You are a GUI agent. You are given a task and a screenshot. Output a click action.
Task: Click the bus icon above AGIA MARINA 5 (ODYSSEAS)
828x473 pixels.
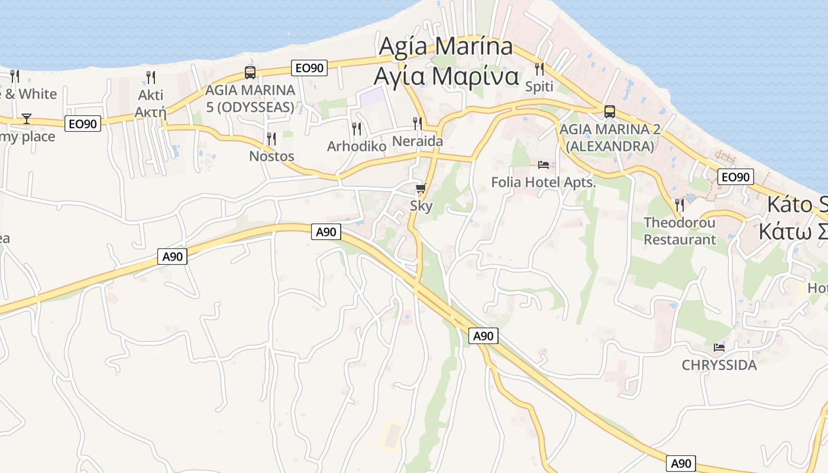click(x=250, y=73)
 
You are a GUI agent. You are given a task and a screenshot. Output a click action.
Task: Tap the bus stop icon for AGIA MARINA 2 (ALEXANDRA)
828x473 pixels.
click(x=609, y=111)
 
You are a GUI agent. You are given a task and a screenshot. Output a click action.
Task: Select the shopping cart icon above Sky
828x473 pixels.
click(x=421, y=189)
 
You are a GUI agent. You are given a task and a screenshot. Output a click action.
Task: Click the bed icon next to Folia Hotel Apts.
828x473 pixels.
click(x=544, y=164)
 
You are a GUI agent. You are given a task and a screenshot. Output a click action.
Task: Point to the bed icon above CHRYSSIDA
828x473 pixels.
click(x=719, y=348)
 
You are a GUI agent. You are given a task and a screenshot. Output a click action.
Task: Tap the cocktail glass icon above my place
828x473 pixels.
click(x=27, y=119)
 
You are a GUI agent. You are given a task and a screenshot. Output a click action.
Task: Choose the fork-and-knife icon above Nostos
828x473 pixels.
click(x=271, y=139)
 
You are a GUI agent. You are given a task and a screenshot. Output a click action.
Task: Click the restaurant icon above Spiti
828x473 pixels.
click(x=539, y=69)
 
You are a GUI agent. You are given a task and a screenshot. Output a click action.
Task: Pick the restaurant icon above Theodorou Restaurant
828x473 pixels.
click(x=680, y=205)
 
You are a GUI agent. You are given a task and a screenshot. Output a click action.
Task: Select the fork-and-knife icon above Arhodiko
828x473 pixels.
click(x=357, y=128)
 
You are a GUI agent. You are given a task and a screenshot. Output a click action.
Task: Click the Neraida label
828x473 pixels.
click(x=418, y=141)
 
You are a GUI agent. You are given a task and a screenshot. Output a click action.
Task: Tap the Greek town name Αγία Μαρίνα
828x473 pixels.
click(x=446, y=76)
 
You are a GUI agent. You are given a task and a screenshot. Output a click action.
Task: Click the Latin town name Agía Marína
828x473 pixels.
click(x=445, y=46)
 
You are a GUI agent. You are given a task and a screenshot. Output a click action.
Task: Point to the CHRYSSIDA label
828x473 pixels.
click(x=719, y=365)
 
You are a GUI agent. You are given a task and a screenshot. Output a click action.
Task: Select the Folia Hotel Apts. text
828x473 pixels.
click(x=544, y=182)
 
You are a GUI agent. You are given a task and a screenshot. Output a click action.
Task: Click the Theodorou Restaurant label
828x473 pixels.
click(x=680, y=231)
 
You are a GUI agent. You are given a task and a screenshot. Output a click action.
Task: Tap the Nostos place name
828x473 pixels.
click(x=271, y=156)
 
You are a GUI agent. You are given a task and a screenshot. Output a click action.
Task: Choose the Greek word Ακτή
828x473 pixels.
click(x=151, y=112)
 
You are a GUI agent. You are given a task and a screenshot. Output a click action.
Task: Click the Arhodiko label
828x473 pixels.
click(x=357, y=146)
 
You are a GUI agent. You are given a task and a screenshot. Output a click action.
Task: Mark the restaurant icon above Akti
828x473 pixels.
click(x=151, y=77)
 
